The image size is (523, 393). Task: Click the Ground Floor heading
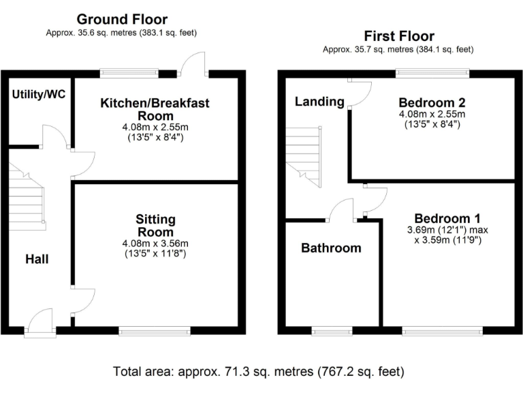click(122, 19)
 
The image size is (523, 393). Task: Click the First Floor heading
click(398, 36)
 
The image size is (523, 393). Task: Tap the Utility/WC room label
click(39, 94)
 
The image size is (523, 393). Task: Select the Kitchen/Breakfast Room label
click(155, 109)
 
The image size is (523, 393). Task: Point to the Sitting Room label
click(155, 225)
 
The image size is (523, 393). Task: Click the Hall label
click(37, 259)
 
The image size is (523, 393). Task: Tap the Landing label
click(319, 102)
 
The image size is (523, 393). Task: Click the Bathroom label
click(331, 248)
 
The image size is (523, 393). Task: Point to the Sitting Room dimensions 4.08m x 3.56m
click(155, 244)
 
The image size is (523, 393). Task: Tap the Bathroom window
click(332, 332)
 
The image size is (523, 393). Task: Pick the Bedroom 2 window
click(432, 72)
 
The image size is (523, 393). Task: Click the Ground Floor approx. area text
click(122, 32)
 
